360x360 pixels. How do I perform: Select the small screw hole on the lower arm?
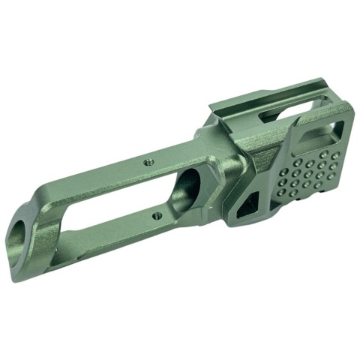[x=155, y=215]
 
